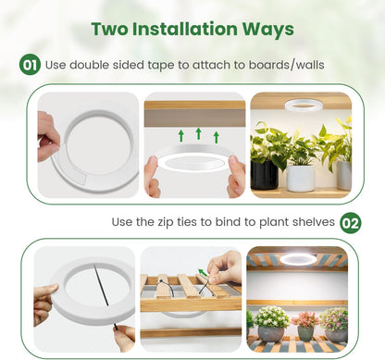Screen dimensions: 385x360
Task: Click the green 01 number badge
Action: click(30, 65)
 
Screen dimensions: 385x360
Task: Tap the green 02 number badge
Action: click(351, 223)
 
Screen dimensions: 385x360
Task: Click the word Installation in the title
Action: click(184, 29)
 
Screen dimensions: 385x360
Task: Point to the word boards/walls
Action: click(287, 65)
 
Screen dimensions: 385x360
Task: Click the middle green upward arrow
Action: click(199, 133)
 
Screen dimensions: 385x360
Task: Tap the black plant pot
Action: click(265, 174)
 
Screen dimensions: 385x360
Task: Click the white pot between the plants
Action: click(301, 179)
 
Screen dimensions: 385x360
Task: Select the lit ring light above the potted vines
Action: click(304, 106)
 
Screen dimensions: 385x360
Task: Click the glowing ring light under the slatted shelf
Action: click(298, 259)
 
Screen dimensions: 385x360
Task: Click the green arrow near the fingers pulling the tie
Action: click(203, 273)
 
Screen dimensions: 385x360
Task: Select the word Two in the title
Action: click(110, 29)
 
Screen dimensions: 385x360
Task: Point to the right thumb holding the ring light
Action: click(233, 161)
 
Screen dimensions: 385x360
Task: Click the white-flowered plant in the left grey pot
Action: click(271, 317)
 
